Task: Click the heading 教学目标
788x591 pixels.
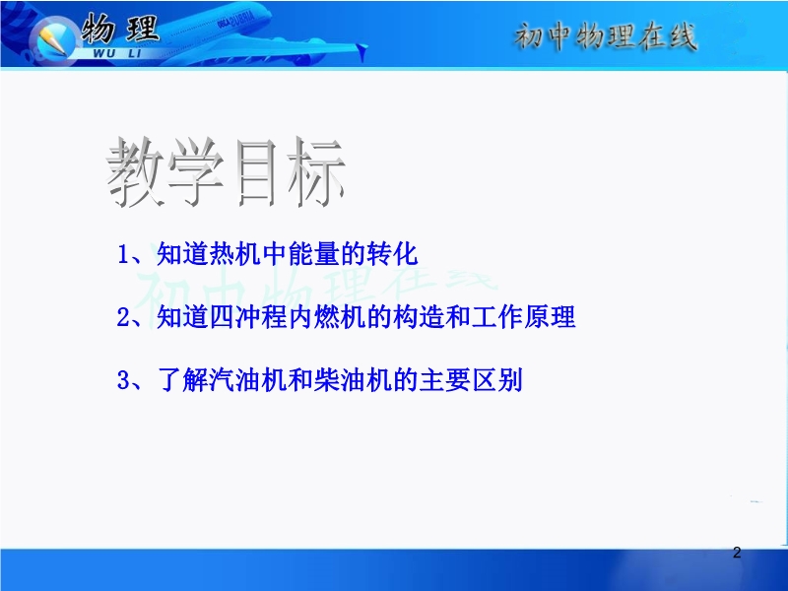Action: pos(226,172)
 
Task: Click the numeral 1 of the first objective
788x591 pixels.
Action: pos(122,254)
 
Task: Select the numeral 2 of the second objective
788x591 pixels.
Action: pos(123,317)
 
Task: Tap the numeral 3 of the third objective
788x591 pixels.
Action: pos(123,380)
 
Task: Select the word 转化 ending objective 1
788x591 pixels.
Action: pos(392,253)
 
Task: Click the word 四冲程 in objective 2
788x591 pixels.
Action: pos(247,316)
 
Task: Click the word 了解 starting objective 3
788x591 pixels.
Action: pos(182,379)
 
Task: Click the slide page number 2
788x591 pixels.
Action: pos(737,553)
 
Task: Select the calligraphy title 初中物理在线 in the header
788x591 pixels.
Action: pos(606,36)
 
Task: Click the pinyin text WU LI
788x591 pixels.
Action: pos(117,53)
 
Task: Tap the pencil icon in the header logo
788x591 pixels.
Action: pos(52,40)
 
